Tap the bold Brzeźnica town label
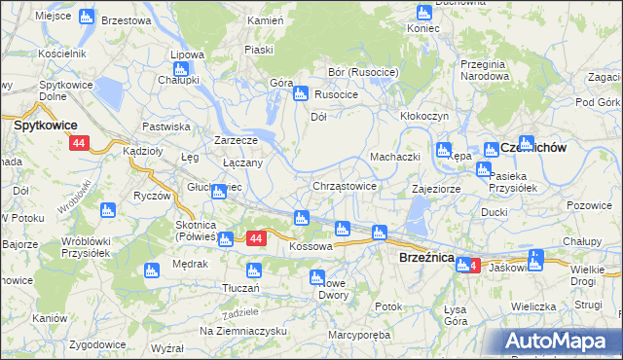[x=426, y=257]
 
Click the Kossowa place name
[x=311, y=247]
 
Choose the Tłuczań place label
[x=240, y=288]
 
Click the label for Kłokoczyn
[x=423, y=115]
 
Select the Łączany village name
[x=242, y=162]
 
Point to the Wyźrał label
[x=168, y=347]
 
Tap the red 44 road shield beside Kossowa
[x=256, y=238]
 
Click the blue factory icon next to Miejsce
[x=87, y=17]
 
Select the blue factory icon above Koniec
[x=423, y=13]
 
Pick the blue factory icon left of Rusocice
[x=301, y=94]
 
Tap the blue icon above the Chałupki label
[x=180, y=69]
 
